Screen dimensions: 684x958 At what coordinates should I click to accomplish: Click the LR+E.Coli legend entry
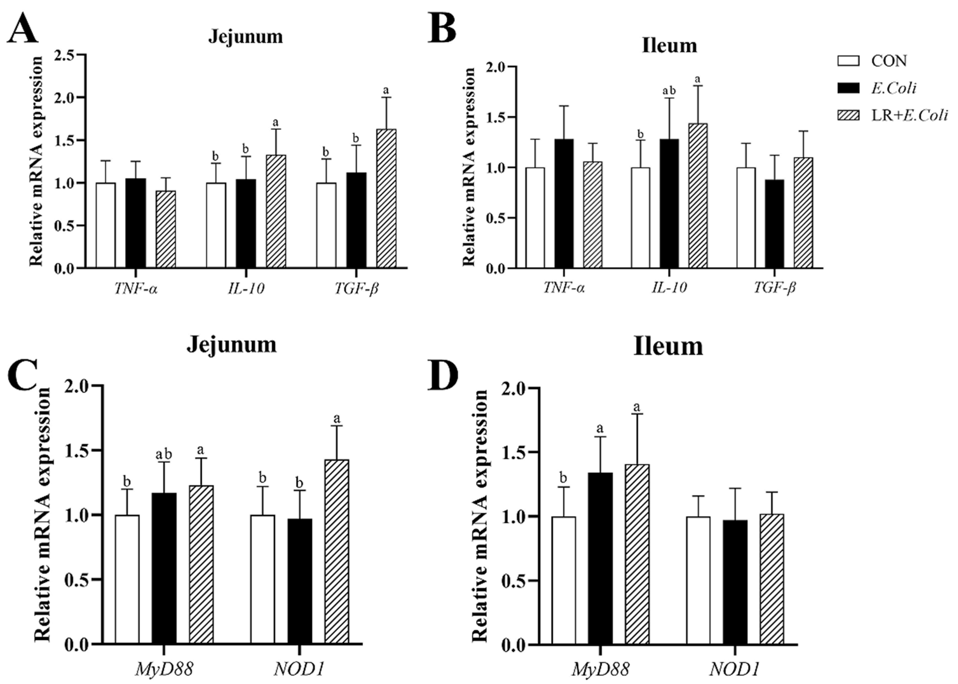909,115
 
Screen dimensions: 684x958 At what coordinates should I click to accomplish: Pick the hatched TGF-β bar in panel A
386,198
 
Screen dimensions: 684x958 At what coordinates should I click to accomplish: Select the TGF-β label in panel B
774,288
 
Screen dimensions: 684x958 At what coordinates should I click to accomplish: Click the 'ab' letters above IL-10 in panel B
669,91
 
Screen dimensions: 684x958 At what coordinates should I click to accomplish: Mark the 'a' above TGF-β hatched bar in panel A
386,90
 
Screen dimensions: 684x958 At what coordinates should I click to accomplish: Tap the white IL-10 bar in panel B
640,218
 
